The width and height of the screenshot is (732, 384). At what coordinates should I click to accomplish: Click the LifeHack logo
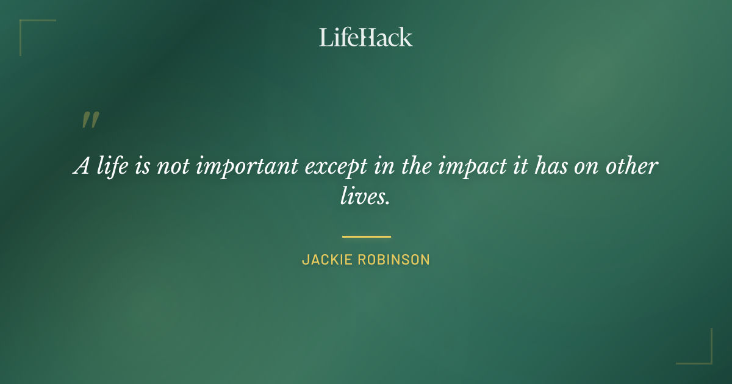pyautogui.click(x=366, y=37)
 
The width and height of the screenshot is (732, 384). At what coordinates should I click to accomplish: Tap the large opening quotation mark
pyautogui.click(x=90, y=120)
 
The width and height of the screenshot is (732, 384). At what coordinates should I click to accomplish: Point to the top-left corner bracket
pyautogui.click(x=24, y=24)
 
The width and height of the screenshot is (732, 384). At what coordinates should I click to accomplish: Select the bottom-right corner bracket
pyautogui.click(x=707, y=359)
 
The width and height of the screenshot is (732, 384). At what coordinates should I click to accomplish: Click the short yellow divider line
pyautogui.click(x=366, y=236)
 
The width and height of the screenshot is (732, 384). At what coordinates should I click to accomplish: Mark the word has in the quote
pyautogui.click(x=551, y=166)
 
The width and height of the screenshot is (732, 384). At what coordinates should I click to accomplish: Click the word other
pyautogui.click(x=633, y=166)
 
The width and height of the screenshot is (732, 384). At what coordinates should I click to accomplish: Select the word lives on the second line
pyautogui.click(x=365, y=197)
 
